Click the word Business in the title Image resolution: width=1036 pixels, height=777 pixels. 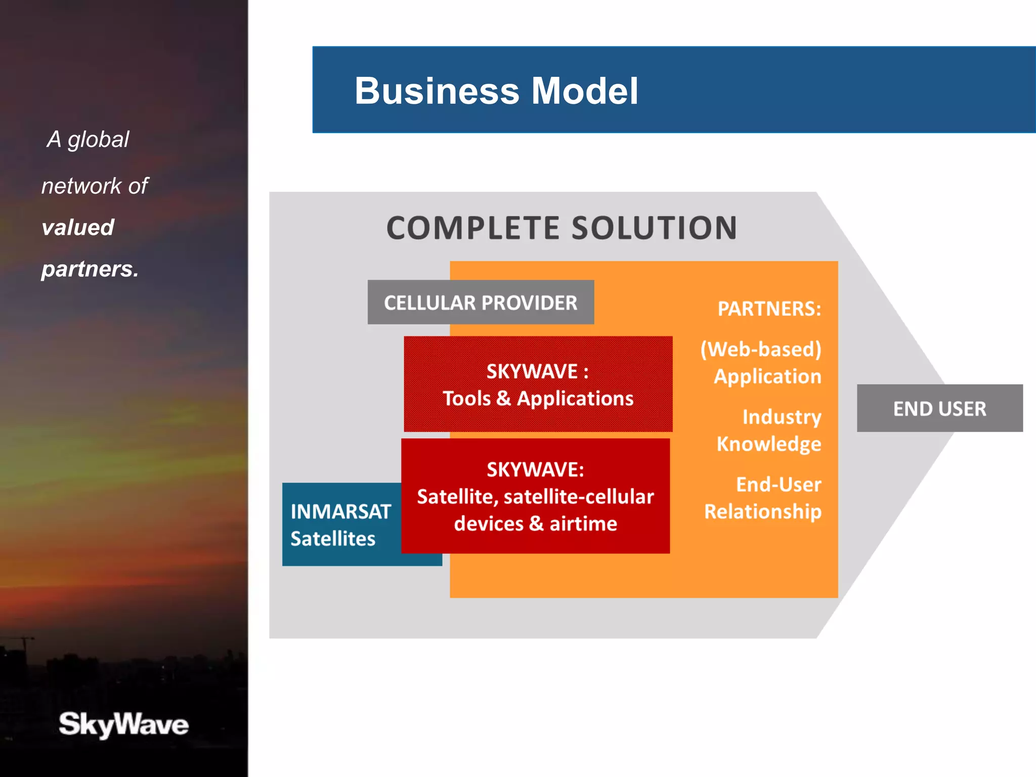click(437, 91)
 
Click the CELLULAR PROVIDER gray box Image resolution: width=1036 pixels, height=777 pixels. click(480, 303)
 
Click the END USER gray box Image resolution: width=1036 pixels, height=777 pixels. click(939, 409)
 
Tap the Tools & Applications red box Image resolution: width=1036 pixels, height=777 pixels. click(538, 384)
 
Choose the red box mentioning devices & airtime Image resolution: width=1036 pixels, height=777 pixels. click(535, 496)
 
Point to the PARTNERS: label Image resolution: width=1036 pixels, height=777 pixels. click(769, 309)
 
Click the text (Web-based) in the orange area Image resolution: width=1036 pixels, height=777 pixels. click(760, 350)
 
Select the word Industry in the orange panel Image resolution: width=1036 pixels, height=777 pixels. click(782, 417)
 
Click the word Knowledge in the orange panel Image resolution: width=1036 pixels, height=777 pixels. click(768, 444)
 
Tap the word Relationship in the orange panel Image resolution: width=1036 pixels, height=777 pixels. click(762, 511)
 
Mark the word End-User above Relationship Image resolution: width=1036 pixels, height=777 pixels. click(778, 485)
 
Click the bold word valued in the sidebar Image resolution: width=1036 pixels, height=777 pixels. click(78, 228)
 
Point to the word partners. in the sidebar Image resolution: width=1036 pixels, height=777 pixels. click(90, 269)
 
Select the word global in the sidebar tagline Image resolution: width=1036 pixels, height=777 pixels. click(98, 140)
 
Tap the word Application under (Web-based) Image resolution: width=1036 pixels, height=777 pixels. click(767, 376)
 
